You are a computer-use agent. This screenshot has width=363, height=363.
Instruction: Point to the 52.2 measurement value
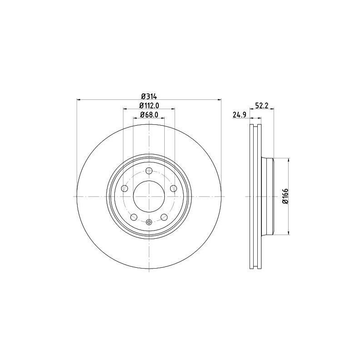point(262,106)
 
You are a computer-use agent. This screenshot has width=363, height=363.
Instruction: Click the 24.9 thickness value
point(239,115)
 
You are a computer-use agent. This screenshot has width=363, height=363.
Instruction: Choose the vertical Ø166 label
point(285,196)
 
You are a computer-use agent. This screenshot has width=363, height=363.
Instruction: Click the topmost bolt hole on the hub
point(148,171)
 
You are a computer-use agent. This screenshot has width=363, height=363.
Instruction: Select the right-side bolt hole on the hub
point(173,188)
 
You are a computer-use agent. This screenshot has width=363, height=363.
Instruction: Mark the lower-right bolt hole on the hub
point(163,217)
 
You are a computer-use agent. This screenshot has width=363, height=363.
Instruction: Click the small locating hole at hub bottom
point(148,222)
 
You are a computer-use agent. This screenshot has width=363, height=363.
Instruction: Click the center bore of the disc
point(148,196)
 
